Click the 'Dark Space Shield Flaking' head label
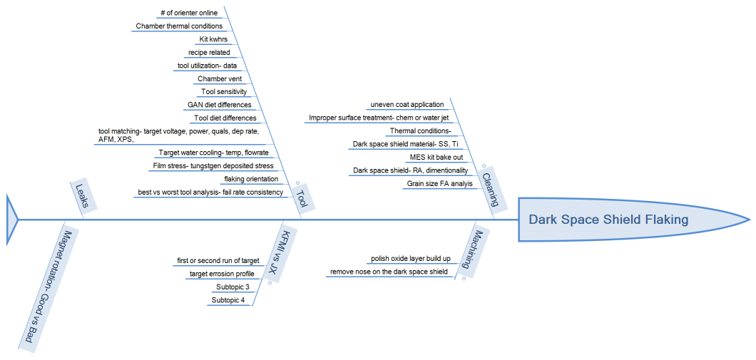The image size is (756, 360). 608,220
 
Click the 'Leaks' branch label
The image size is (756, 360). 83,197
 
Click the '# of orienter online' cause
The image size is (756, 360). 189,13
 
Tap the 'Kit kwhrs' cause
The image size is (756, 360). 213,39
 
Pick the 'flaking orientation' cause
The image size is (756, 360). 251,179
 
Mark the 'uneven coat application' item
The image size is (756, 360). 407,105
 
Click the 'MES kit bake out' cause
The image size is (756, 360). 436,157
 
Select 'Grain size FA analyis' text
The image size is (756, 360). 439,183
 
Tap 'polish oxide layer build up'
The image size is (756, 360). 410,259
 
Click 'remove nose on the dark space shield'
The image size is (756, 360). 389,272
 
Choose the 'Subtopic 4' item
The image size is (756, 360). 228,300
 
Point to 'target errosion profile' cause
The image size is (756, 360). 221,274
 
